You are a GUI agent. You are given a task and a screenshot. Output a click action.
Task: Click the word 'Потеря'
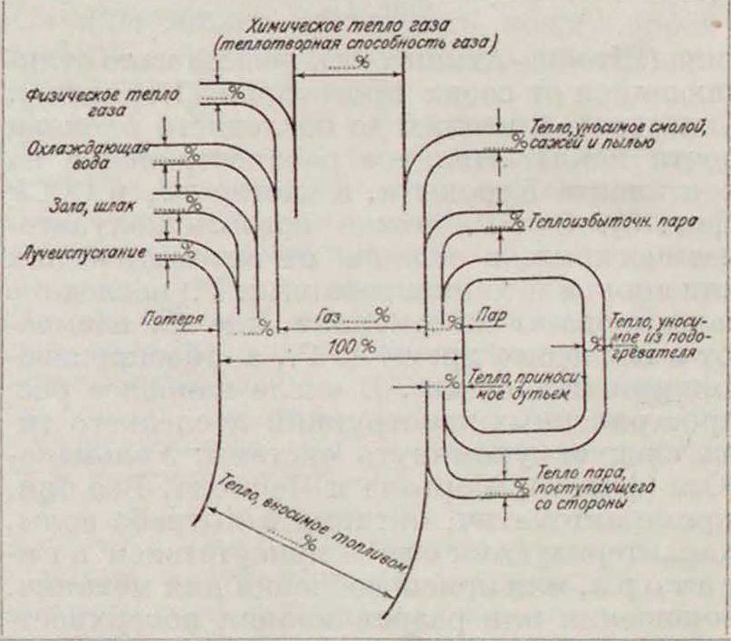point(169,318)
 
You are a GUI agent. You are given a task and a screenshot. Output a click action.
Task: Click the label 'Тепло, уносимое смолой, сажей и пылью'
point(602,135)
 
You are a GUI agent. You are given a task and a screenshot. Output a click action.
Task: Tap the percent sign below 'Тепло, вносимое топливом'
point(310,543)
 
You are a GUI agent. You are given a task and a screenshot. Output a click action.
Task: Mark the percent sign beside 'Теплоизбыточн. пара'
point(515,219)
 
